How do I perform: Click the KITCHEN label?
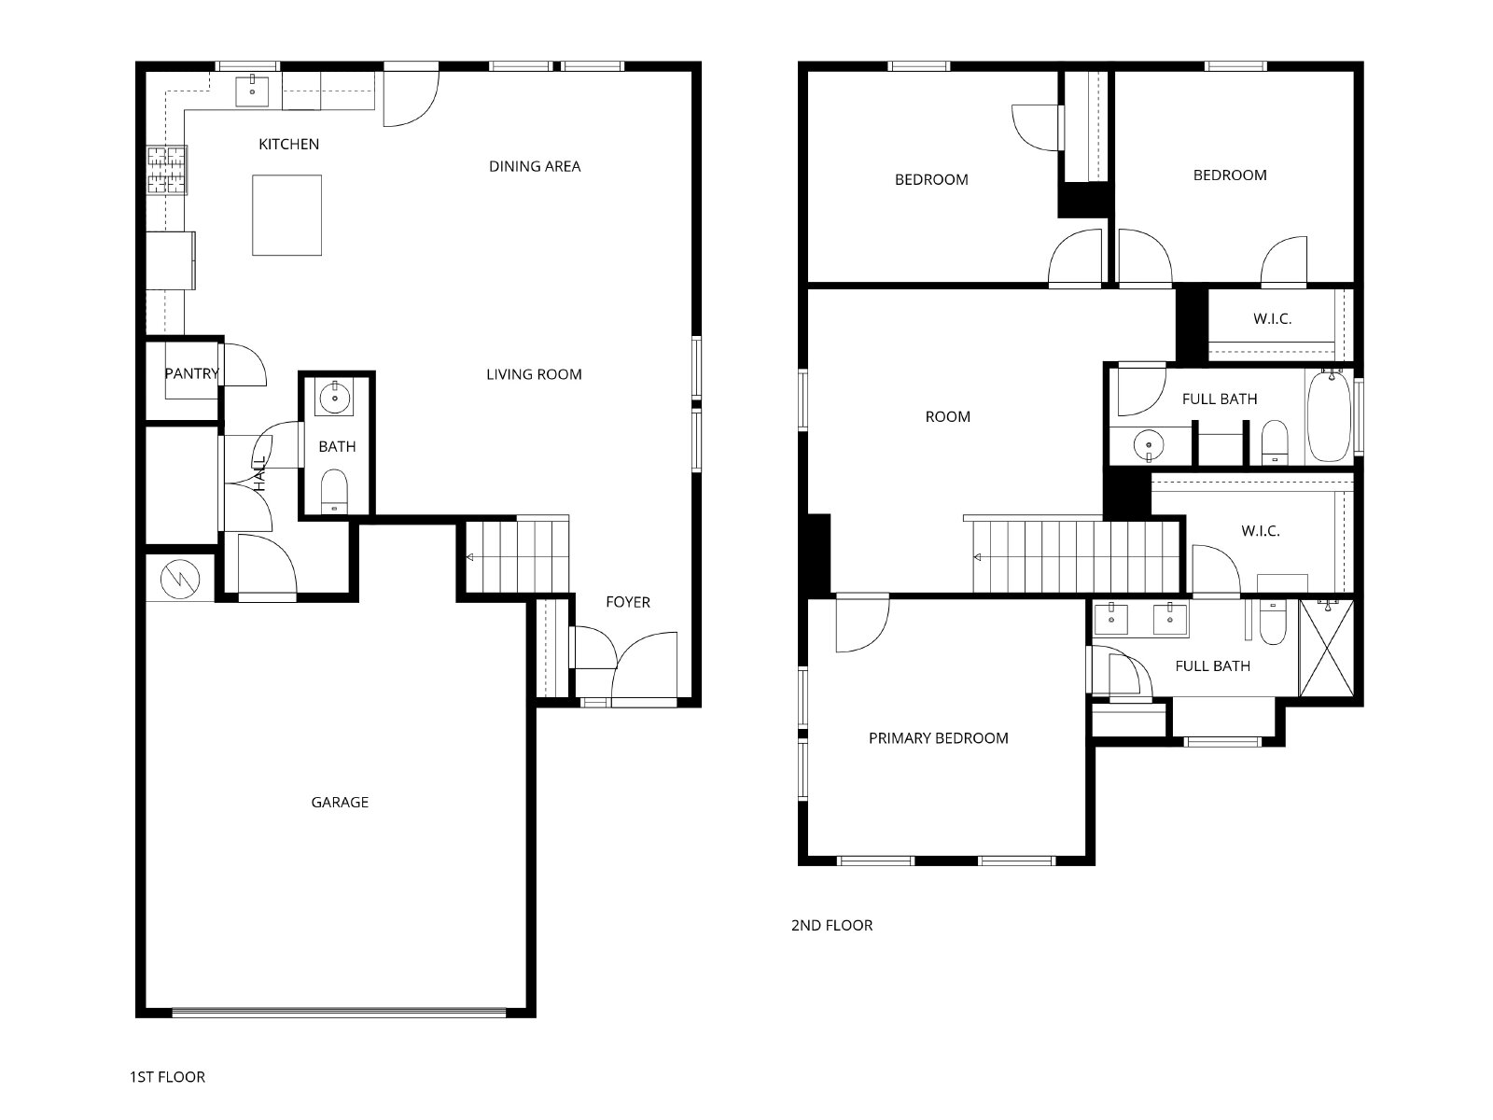point(288,144)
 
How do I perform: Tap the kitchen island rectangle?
point(286,215)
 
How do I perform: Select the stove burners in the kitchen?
point(167,170)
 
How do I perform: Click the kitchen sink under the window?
point(252,91)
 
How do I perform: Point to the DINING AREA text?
point(535,167)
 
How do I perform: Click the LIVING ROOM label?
point(534,374)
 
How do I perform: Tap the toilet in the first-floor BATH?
point(334,491)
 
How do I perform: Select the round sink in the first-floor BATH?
point(334,398)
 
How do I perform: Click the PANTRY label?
point(192,373)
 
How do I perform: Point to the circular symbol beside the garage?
point(180,580)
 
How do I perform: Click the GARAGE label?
point(340,803)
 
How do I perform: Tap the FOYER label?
point(628,602)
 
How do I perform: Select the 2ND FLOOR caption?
point(831,926)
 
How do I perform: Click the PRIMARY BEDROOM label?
point(938,738)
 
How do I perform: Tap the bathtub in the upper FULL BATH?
point(1329,416)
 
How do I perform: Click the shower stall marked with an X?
point(1326,648)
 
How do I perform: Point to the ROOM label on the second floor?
point(947,417)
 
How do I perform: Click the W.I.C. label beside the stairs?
point(1261,531)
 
